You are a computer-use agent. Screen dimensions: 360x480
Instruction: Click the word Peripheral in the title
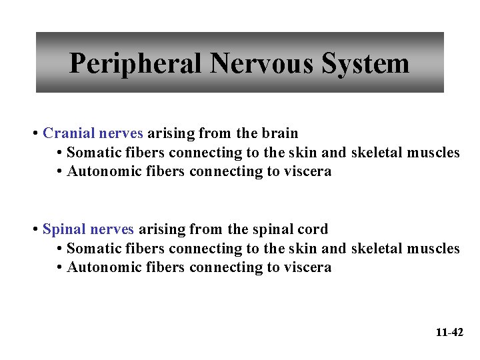coord(135,64)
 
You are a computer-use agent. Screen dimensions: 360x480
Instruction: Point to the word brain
coord(280,133)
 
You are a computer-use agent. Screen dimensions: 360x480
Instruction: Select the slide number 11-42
coord(449,332)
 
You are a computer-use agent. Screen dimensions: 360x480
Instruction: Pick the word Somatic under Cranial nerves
coord(93,153)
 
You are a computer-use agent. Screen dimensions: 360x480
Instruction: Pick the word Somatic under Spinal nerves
coord(93,249)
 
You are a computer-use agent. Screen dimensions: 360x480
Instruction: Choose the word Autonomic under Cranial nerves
coord(101,171)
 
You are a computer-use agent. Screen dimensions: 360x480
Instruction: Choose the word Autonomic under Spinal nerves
coord(101,267)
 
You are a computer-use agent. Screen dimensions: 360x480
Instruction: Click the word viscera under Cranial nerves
coord(307,171)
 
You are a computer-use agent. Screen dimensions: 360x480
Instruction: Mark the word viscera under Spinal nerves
coord(307,267)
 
